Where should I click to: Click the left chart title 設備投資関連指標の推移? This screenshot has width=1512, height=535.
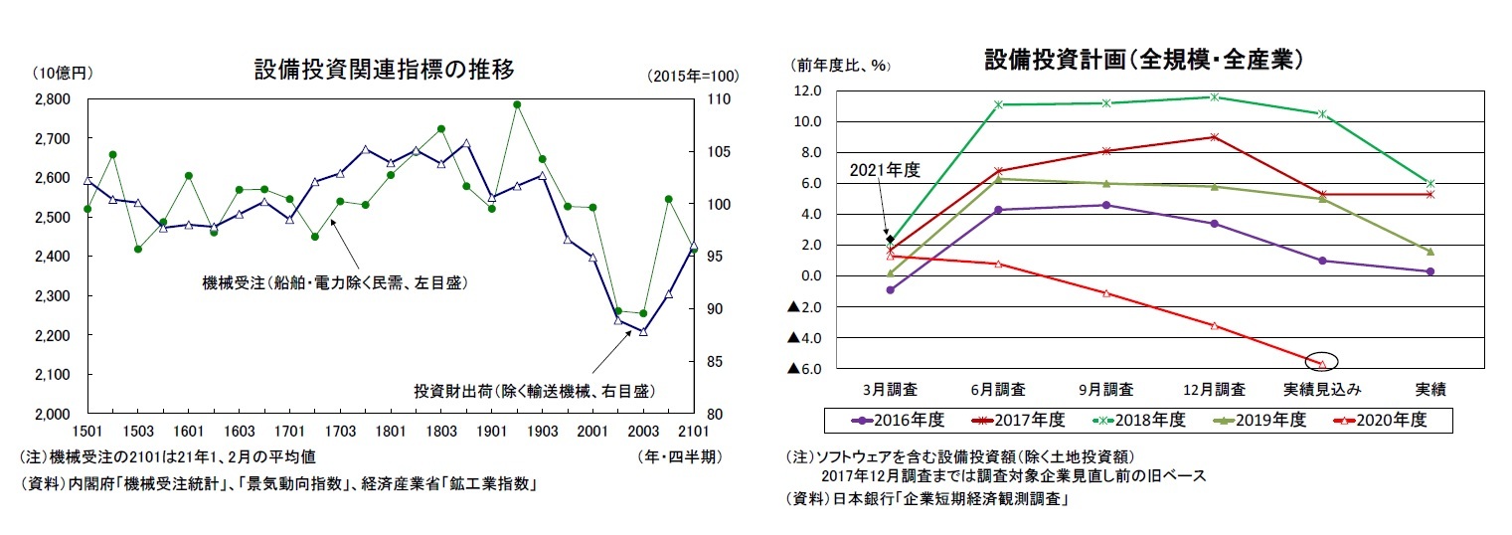[384, 70]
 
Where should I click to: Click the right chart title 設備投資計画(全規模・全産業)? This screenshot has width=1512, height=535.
[1143, 60]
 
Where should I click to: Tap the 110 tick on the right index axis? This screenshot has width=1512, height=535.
[718, 99]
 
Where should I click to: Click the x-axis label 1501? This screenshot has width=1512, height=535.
[87, 432]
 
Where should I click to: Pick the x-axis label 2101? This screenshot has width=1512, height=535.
[693, 432]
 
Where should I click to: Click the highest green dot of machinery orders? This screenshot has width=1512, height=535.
[517, 104]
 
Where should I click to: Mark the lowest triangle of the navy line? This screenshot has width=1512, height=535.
[643, 331]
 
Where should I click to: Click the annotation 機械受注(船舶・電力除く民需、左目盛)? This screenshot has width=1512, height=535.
[334, 283]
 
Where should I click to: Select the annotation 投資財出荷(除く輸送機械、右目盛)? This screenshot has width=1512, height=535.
[534, 390]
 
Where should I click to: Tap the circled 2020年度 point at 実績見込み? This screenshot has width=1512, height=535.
[1322, 364]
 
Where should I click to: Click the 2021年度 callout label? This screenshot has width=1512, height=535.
[885, 170]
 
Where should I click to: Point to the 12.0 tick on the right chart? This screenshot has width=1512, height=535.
[807, 90]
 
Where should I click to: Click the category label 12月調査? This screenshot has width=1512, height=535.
[1214, 388]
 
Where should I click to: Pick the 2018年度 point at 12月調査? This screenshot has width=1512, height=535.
[1214, 96]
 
